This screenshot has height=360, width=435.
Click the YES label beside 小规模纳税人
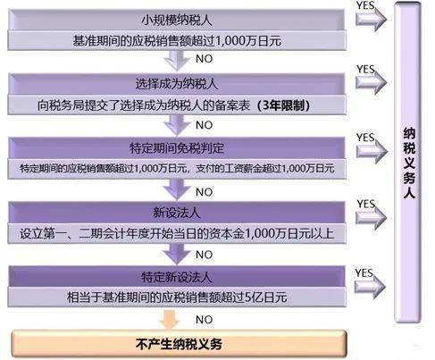coord(365,5)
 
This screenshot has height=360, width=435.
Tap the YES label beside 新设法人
coord(365,205)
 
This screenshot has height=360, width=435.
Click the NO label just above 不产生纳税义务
coord(205,318)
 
